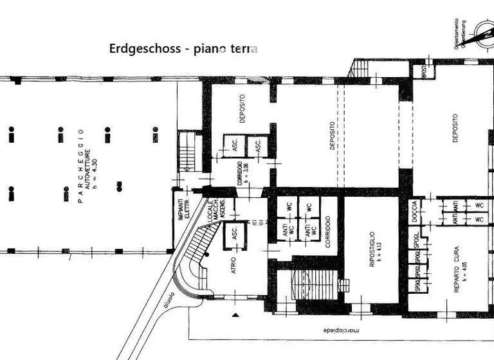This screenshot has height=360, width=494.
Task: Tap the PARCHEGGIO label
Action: click(81, 166)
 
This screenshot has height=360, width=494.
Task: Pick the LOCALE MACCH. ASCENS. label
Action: click(215, 215)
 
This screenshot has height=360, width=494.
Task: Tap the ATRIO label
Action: click(234, 265)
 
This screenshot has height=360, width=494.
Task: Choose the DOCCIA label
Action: click(414, 211)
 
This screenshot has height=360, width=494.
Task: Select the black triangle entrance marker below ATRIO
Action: click(236, 314)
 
